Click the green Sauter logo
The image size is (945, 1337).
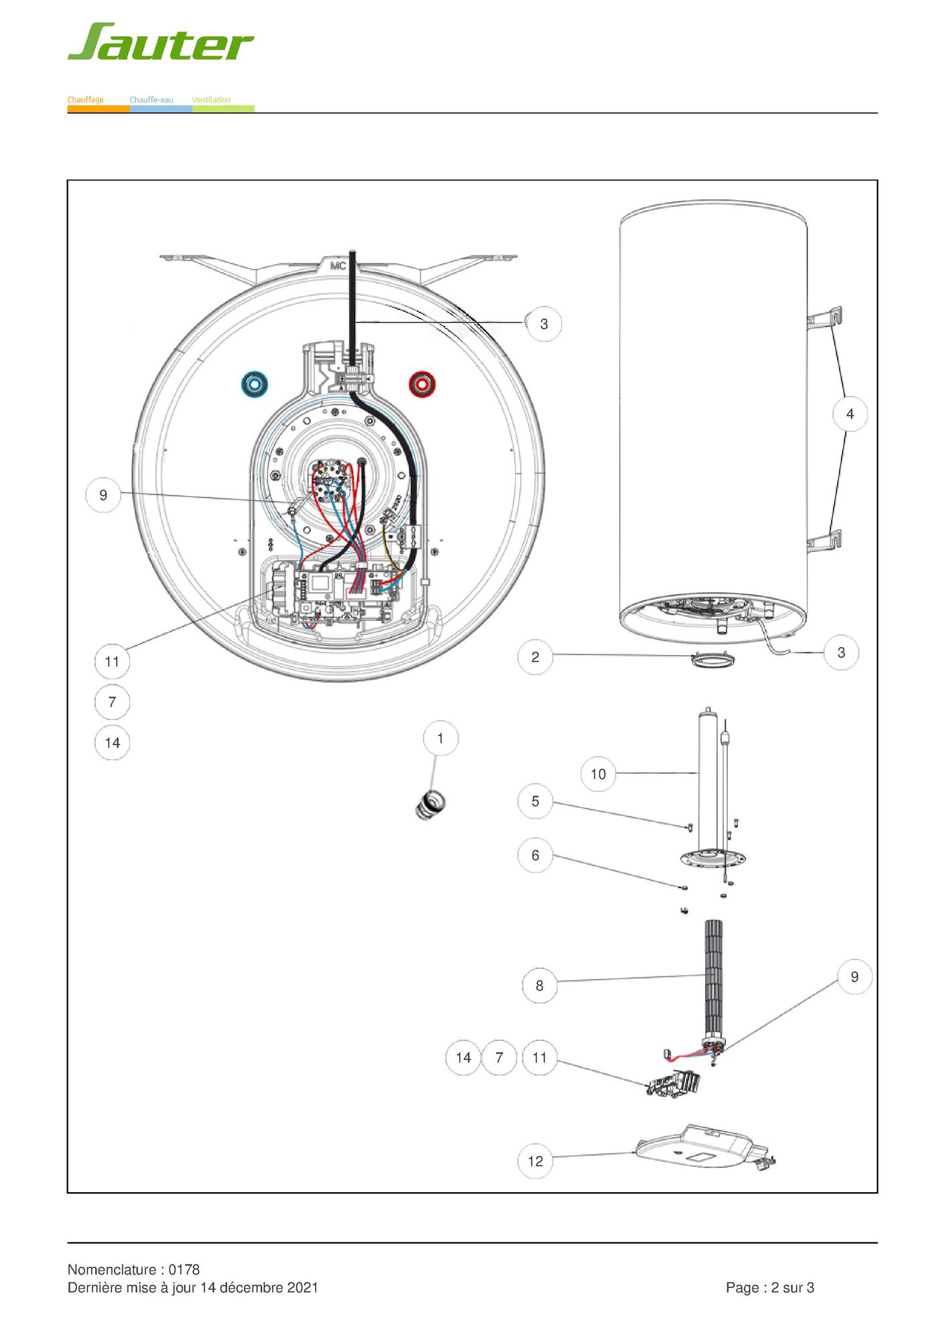tap(160, 42)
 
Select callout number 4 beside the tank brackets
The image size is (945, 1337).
tap(850, 414)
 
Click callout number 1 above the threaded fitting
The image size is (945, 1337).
tap(440, 738)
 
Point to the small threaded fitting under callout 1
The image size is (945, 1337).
tap(430, 804)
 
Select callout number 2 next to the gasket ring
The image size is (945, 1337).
tap(535, 657)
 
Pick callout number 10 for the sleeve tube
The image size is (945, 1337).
tap(598, 774)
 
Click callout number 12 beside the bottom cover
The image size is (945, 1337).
tap(535, 1161)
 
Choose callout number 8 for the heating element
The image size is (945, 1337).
tap(540, 986)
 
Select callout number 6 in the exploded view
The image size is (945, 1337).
tap(535, 855)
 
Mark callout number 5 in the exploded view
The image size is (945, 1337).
tap(535, 801)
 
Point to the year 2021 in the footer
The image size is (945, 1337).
tap(302, 1287)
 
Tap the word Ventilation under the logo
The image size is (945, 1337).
tap(211, 100)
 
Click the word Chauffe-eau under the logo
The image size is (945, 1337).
tap(151, 100)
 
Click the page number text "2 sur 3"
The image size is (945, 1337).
tap(793, 1287)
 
